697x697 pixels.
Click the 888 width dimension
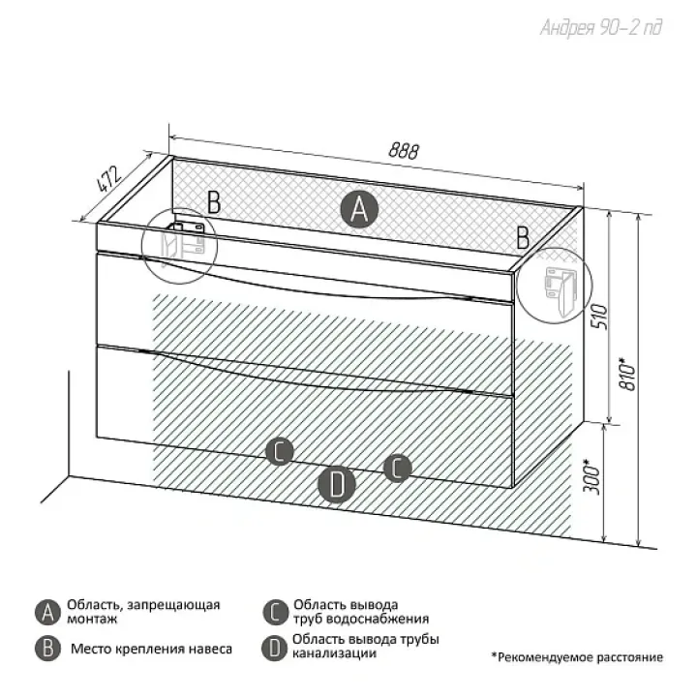pos(404,151)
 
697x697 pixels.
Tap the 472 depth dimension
pos(108,179)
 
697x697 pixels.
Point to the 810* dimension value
pos(629,374)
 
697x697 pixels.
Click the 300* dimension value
pos(592,477)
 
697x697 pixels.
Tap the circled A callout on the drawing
pos(359,209)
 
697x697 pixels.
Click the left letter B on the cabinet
pos(214,202)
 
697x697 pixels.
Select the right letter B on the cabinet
pos(523,237)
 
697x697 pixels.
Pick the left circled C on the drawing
pos(280,452)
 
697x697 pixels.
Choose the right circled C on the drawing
pos(398,469)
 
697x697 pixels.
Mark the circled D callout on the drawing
pos(337,485)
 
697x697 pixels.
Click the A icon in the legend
pos(47,613)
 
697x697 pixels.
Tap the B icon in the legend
pos(47,649)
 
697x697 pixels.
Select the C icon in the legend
pos(275,613)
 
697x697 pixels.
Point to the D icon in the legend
pos(274,648)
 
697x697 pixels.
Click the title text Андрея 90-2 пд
pos(601,28)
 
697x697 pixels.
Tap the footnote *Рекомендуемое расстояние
pos(577,657)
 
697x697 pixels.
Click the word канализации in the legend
pos(334,653)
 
